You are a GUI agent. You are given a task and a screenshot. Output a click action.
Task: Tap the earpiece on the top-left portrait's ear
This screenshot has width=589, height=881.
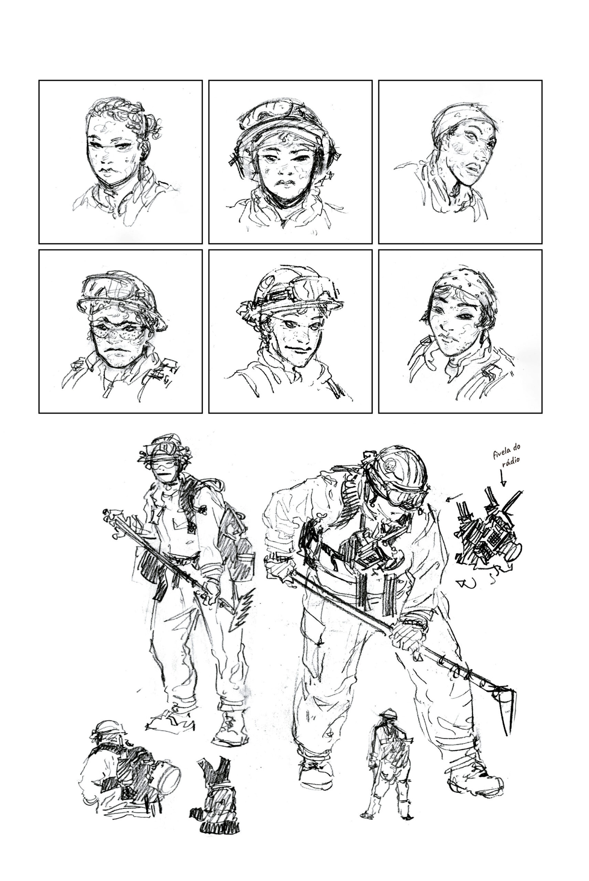pyautogui.click(x=143, y=156)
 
